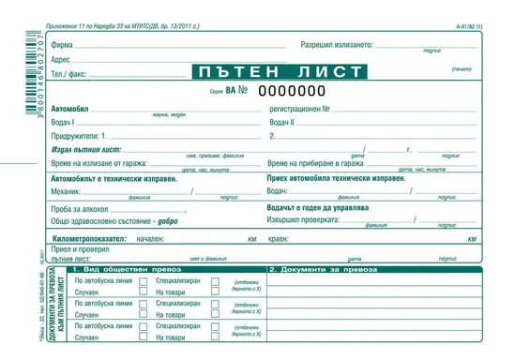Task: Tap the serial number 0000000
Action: pyautogui.click(x=292, y=91)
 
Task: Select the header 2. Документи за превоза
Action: pyautogui.click(x=320, y=271)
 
